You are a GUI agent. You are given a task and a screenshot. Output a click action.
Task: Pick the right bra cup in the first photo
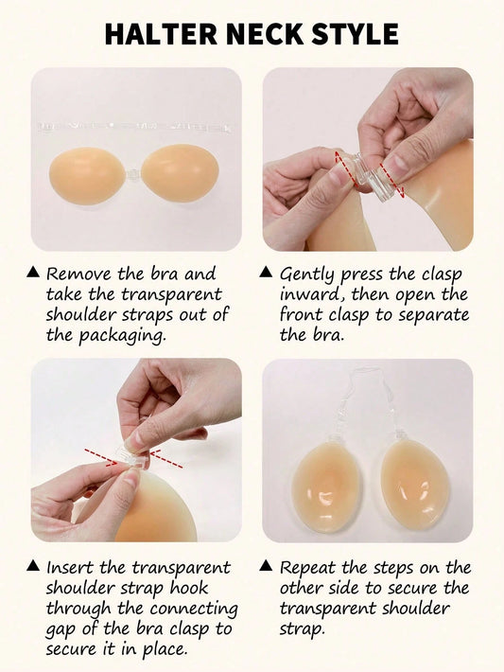pyautogui.click(x=181, y=173)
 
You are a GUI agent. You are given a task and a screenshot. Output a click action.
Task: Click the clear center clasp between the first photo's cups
pyautogui.click(x=133, y=175)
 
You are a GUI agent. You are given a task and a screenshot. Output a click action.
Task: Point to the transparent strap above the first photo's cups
pyautogui.click(x=135, y=127)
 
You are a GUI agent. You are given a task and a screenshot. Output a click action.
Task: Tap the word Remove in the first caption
pyautogui.click(x=79, y=274)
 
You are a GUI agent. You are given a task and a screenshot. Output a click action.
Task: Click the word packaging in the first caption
pyautogui.click(x=122, y=336)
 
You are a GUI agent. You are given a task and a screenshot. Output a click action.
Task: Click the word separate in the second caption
pyautogui.click(x=434, y=315)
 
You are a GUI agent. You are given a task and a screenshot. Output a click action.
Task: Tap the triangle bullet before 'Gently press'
pyautogui.click(x=266, y=272)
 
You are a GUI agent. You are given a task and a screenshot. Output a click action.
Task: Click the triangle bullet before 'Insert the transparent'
pyautogui.click(x=33, y=566)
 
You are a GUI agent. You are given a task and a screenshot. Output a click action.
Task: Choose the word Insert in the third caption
pyautogui.click(x=70, y=568)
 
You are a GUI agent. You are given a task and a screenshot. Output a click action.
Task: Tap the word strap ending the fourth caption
pyautogui.click(x=302, y=629)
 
